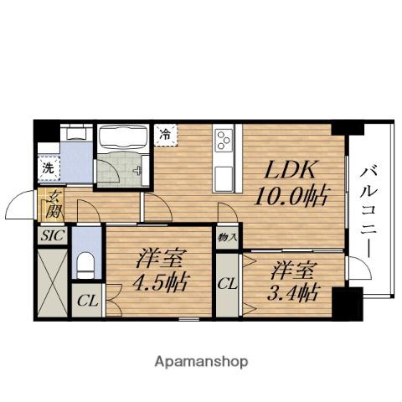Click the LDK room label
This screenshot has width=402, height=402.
point(289,169)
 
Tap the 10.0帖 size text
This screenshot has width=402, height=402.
point(291,196)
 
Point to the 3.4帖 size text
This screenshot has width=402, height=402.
point(293,292)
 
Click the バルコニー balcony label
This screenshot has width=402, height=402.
point(368,212)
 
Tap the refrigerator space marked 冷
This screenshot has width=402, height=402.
point(166,135)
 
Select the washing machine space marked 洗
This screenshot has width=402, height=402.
point(49,168)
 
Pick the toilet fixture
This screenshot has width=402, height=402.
point(86,265)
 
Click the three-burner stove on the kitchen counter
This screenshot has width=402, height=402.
point(224,141)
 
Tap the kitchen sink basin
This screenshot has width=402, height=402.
point(224,178)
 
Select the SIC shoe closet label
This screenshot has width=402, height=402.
point(53,235)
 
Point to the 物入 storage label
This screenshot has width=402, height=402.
point(228,238)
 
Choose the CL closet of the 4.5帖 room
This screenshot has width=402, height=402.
point(87,301)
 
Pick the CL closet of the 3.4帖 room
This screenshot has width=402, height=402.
point(228,284)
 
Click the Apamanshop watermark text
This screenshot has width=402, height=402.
point(201,362)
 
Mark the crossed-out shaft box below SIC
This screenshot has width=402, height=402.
point(53,282)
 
